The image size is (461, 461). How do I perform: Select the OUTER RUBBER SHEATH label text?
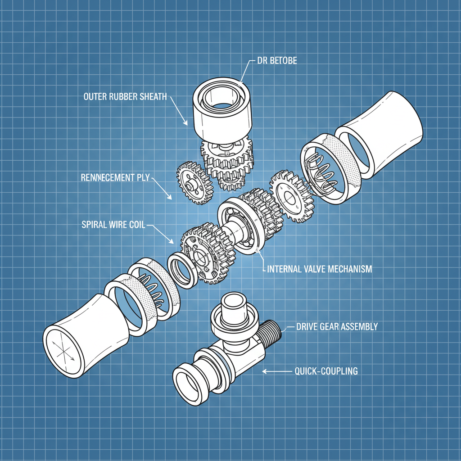point(125,96)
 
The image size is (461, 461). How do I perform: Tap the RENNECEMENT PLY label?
point(115,178)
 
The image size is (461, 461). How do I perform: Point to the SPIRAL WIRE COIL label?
point(113,224)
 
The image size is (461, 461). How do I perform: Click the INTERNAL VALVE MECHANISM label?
point(320,269)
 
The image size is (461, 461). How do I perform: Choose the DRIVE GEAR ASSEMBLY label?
point(337,327)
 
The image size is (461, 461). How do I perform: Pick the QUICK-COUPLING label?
point(326,371)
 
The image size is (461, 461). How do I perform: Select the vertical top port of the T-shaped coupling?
point(233,311)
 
